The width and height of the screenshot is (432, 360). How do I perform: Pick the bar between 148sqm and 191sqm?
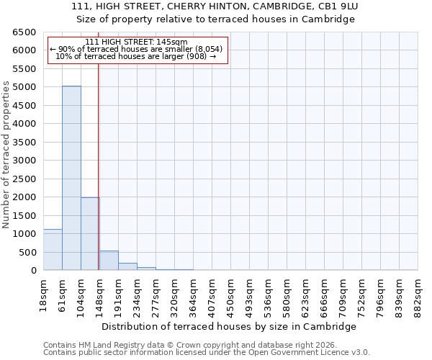click(109, 261)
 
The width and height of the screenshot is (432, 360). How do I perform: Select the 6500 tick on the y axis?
click(24, 32)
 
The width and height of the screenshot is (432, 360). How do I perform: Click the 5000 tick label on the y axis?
click(24, 87)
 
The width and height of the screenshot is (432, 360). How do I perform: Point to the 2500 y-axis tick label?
click(24, 179)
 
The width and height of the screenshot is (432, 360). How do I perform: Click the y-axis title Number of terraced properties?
click(6, 155)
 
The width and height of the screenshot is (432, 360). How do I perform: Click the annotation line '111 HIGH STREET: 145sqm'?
click(136, 42)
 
